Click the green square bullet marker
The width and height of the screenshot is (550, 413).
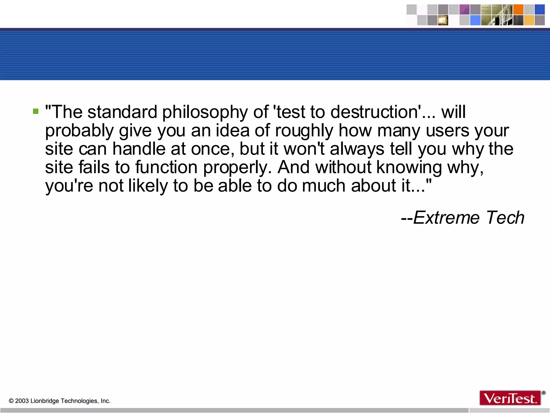coord(36,111)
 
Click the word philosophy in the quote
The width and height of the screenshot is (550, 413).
coord(205,112)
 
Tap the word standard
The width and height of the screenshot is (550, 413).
coord(122,112)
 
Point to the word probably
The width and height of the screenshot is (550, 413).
coord(79,131)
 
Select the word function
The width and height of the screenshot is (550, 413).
coord(166,167)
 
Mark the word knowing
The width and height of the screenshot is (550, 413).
coord(409,168)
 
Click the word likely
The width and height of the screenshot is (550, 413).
coord(148,186)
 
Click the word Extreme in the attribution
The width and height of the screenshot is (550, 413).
coord(446,218)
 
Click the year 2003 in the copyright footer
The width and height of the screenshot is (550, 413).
coord(22,401)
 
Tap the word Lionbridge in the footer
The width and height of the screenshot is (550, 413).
coord(45,401)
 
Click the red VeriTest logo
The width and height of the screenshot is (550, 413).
coord(510,398)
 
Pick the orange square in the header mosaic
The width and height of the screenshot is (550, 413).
coord(518,9)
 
